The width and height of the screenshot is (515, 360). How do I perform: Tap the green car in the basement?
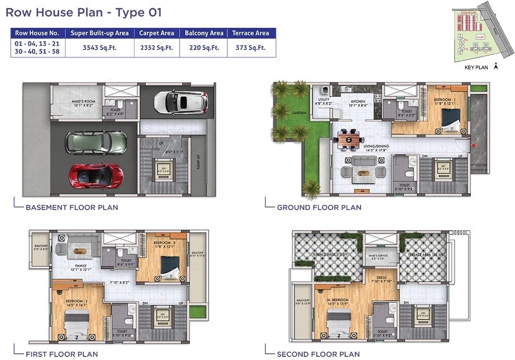(96, 141)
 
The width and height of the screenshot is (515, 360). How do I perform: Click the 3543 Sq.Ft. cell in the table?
(99, 48)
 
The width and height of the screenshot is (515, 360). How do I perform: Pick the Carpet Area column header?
(157, 33)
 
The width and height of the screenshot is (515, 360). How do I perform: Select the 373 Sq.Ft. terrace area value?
(250, 48)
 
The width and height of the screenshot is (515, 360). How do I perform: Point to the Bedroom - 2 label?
(76, 301)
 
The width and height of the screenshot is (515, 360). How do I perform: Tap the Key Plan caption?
(476, 67)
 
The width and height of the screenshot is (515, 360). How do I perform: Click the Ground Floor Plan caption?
(319, 208)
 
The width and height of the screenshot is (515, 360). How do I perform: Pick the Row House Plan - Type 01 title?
(83, 12)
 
